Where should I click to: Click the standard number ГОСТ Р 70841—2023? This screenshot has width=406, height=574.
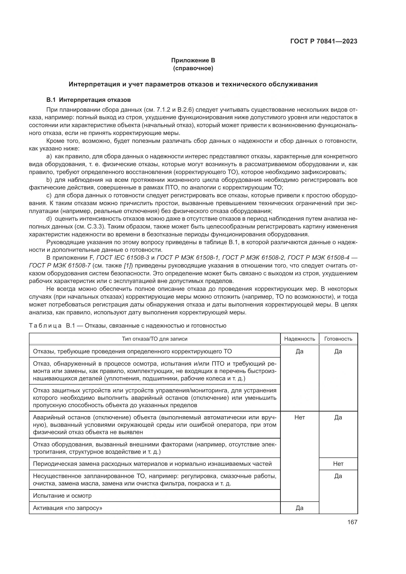(324, 41)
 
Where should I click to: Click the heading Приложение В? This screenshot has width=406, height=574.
(193, 60)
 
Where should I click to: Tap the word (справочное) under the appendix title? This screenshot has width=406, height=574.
(193, 68)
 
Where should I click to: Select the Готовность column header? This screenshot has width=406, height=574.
(338, 339)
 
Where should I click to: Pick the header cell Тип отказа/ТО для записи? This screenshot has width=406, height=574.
(154, 339)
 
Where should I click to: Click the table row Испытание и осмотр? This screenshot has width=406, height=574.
(62, 495)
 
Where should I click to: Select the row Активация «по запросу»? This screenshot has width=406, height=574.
(68, 508)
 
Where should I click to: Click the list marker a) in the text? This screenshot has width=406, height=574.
(49, 157)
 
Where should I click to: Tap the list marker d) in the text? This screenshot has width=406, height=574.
(49, 219)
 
